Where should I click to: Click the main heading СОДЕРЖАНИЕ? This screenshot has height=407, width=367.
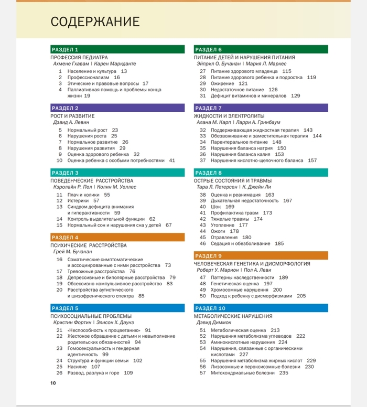pos(95,22)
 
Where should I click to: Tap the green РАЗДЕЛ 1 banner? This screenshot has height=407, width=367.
pos(117,49)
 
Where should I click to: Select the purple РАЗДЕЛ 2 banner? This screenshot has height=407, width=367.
pos(117,108)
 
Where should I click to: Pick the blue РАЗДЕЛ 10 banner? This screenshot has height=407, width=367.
pos(261,308)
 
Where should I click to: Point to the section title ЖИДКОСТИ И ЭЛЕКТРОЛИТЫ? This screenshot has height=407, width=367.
pos(229,116)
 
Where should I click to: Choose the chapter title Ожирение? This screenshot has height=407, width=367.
pos(222,83)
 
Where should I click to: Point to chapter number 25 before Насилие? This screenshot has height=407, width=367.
pos(59,367)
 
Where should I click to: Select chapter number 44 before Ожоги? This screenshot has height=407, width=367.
pos(203,231)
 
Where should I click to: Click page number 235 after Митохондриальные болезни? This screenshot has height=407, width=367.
pos(284,373)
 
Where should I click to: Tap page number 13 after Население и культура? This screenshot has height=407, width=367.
pos(124,71)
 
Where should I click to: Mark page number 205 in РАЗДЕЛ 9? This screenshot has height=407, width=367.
pos(301,296)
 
